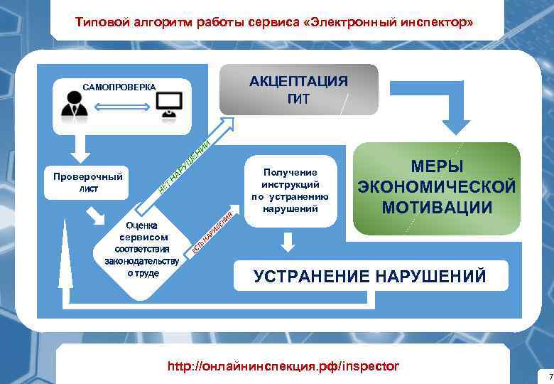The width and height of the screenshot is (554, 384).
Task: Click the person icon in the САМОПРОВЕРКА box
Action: tap(74, 105)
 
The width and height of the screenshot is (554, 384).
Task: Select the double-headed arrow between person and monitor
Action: tap(121, 107)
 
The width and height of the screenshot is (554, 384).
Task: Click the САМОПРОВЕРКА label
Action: tap(119, 87)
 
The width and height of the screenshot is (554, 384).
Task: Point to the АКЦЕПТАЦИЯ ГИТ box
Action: tap(298, 90)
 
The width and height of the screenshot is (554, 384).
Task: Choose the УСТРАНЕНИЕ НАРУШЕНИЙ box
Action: tap(370, 276)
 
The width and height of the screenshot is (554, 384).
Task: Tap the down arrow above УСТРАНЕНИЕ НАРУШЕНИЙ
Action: tap(287, 242)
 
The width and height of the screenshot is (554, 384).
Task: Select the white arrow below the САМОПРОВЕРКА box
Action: tap(80, 148)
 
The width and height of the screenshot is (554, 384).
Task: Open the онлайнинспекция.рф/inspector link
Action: tap(283, 366)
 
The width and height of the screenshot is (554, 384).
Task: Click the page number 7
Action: tap(548, 375)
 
